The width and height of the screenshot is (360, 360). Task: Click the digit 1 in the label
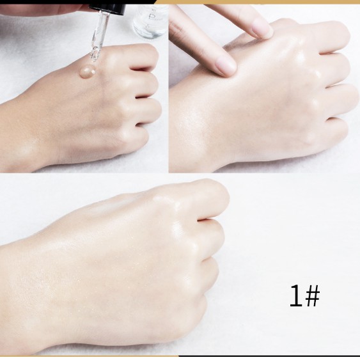coord(295,296)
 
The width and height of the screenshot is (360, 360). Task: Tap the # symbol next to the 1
coord(311,296)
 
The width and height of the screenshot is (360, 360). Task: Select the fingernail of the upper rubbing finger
coord(261,29)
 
